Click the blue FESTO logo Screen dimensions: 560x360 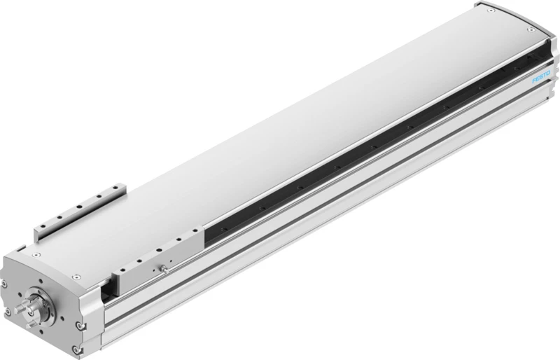pyautogui.click(x=541, y=77)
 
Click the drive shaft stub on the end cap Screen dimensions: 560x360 pyautogui.click(x=22, y=308)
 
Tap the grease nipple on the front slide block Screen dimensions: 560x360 pyautogui.click(x=164, y=268)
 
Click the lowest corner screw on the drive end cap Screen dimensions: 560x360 pyautogui.click(x=75, y=349)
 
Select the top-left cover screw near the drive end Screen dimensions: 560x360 pyautogui.click(x=36, y=255)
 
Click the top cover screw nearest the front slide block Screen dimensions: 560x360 pyautogui.click(x=75, y=277)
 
